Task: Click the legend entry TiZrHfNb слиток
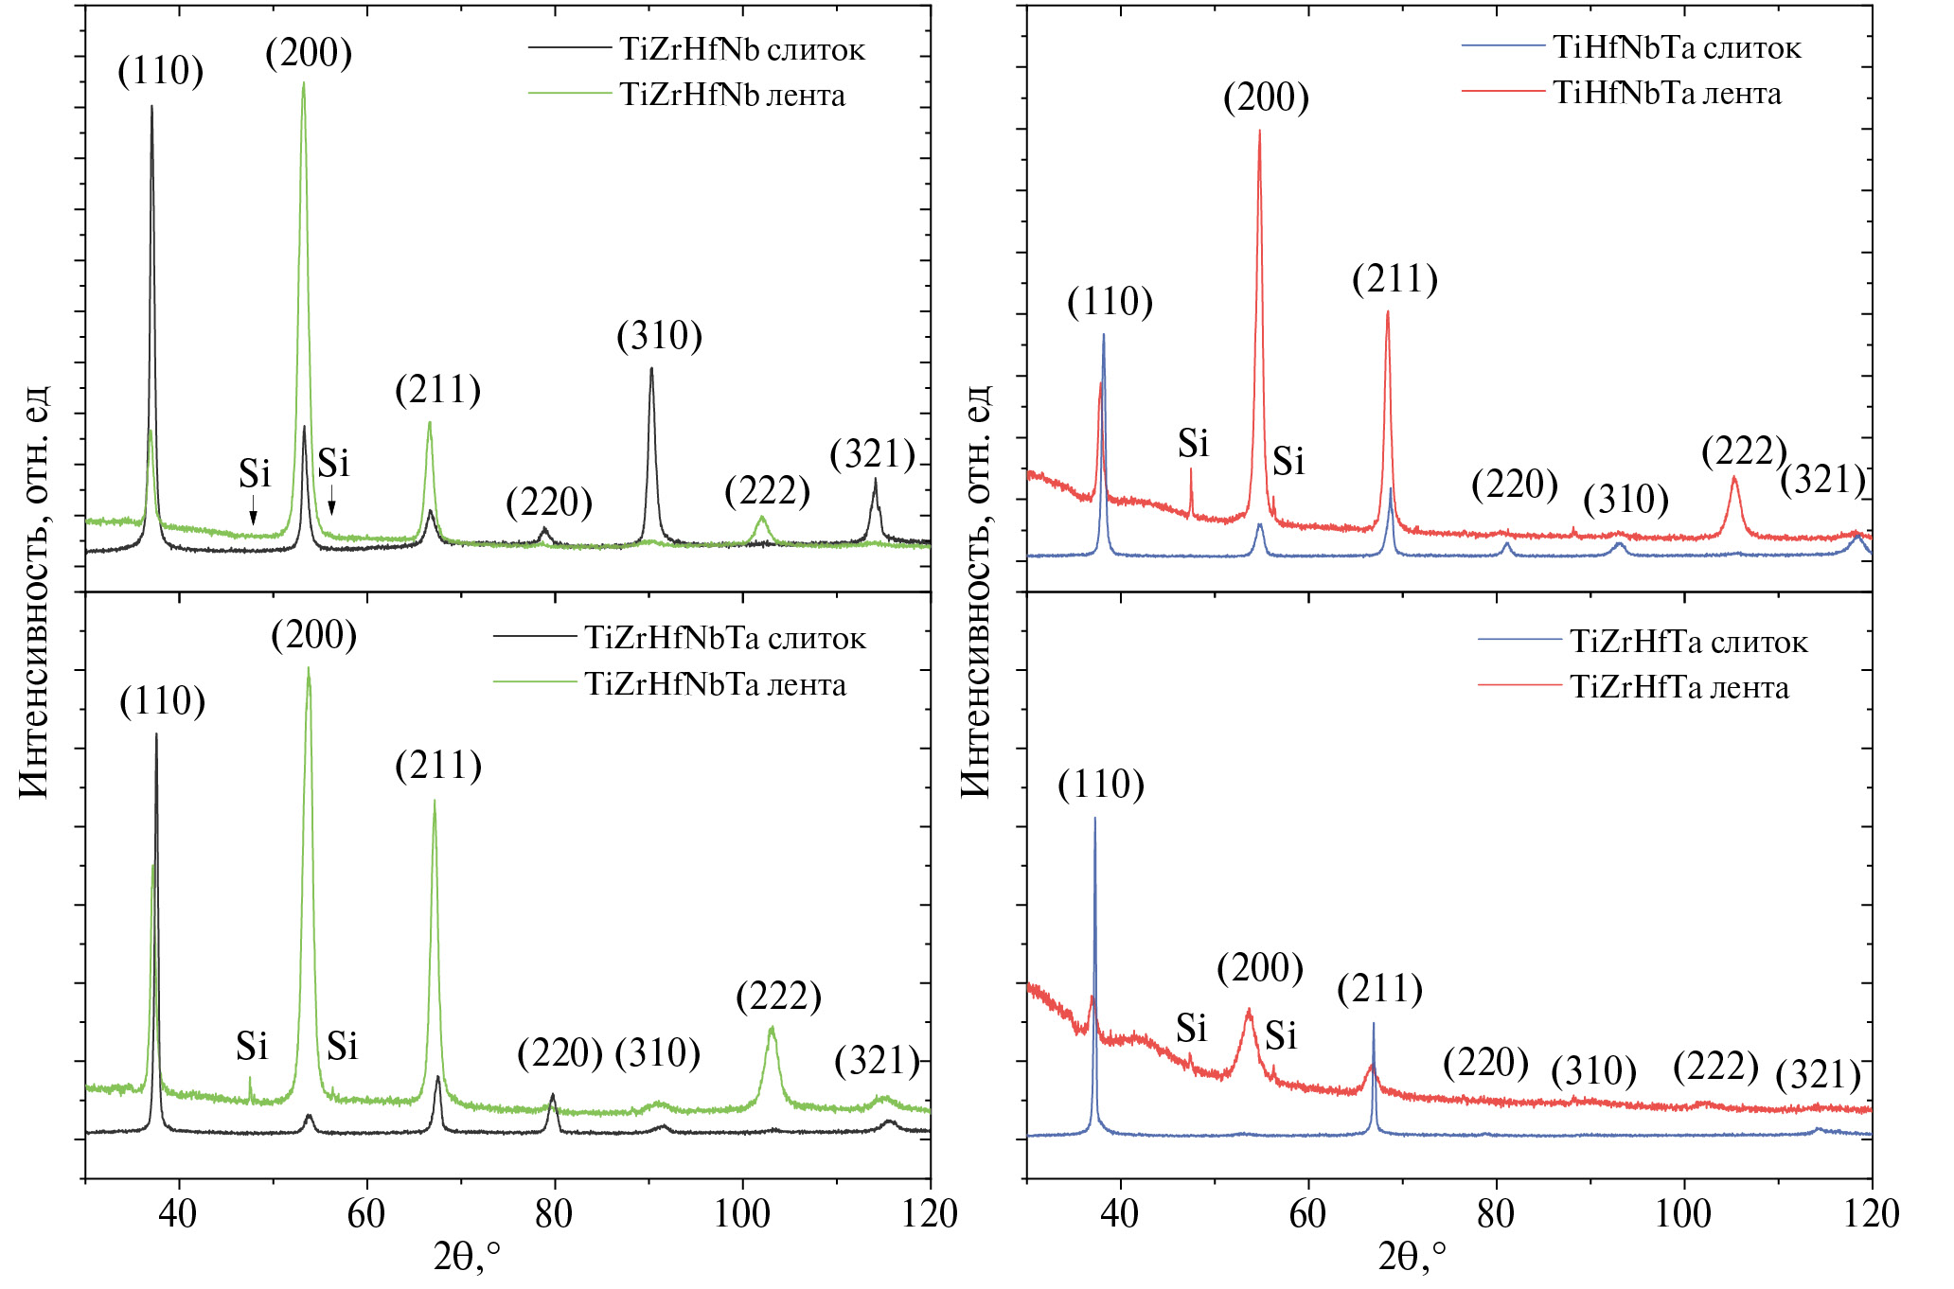pyautogui.click(x=741, y=49)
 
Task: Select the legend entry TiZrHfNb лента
pyautogui.click(x=732, y=95)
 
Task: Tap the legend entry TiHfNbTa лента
pyautogui.click(x=1666, y=93)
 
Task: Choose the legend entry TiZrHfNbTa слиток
pyautogui.click(x=724, y=638)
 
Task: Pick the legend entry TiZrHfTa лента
pyautogui.click(x=1679, y=687)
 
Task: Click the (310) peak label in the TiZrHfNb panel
pyautogui.click(x=659, y=336)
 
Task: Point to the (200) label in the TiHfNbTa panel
pyautogui.click(x=1266, y=97)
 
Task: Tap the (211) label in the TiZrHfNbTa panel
pyautogui.click(x=438, y=766)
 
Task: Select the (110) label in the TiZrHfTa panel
pyautogui.click(x=1101, y=785)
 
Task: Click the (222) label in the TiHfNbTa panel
pyautogui.click(x=1744, y=450)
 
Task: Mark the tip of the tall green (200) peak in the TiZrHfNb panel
pyautogui.click(x=303, y=83)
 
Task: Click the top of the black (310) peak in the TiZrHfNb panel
pyautogui.click(x=651, y=369)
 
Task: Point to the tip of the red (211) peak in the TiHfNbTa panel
pyautogui.click(x=1387, y=311)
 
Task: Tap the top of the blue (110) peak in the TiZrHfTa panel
pyautogui.click(x=1094, y=819)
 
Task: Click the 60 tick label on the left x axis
pyautogui.click(x=366, y=1214)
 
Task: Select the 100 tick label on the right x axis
pyautogui.click(x=1682, y=1214)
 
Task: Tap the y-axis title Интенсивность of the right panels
pyautogui.click(x=975, y=592)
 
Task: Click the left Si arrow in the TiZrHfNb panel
pyautogui.click(x=253, y=516)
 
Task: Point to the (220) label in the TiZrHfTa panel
pyautogui.click(x=1485, y=1063)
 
